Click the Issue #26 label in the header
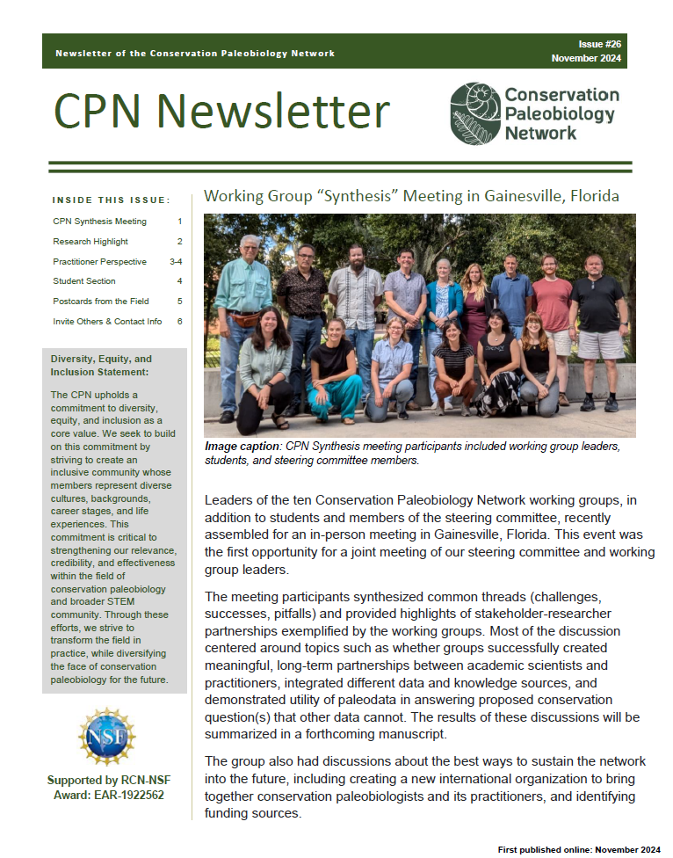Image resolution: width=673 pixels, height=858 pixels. pyautogui.click(x=600, y=44)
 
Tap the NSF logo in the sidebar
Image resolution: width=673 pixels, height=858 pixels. pyautogui.click(x=106, y=736)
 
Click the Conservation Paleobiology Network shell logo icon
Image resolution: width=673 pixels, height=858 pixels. pyautogui.click(x=474, y=113)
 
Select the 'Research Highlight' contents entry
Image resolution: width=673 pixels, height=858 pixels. pyautogui.click(x=90, y=242)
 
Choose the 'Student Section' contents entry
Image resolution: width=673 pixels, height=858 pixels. pyautogui.click(x=84, y=281)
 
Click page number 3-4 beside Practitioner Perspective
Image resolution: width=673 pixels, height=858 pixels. pyautogui.click(x=176, y=262)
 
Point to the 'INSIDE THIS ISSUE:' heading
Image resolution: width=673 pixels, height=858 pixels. pyautogui.click(x=111, y=200)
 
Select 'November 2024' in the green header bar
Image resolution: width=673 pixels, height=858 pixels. pyautogui.click(x=586, y=58)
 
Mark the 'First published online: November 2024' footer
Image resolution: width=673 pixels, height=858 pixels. pyautogui.click(x=578, y=849)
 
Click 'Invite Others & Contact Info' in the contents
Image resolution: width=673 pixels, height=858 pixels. pyautogui.click(x=107, y=322)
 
